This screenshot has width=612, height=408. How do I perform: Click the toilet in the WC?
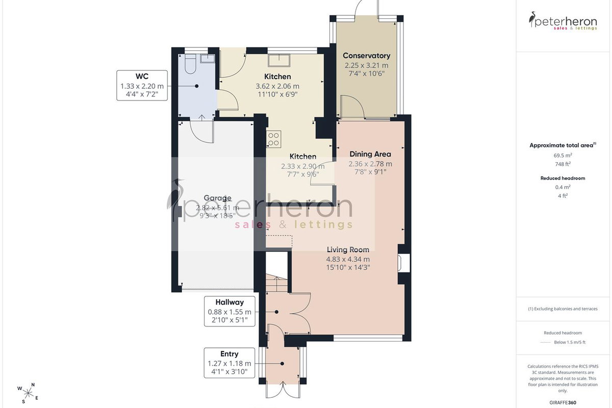190,64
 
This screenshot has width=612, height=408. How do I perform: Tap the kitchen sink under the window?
278,60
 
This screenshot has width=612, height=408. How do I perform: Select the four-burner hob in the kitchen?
273,139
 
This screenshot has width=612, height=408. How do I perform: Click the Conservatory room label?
366,56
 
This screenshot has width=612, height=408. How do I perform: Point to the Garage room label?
217,198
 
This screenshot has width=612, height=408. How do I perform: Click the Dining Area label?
370,154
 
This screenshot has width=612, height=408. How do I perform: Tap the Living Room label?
348,249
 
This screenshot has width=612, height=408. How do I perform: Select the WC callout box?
142,86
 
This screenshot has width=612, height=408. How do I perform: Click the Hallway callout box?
229,311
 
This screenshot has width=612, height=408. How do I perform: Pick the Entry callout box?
229,363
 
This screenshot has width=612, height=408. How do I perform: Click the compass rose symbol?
28,394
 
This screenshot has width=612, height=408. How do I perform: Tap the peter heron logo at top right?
563,21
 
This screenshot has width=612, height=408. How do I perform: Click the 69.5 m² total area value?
563,155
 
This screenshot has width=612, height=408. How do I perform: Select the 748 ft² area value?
563,164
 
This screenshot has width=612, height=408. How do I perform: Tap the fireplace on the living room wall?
403,263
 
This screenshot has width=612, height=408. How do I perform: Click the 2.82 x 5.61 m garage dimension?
217,208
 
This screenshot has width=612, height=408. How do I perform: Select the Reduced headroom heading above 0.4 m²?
563,178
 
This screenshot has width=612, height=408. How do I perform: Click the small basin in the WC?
208,59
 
